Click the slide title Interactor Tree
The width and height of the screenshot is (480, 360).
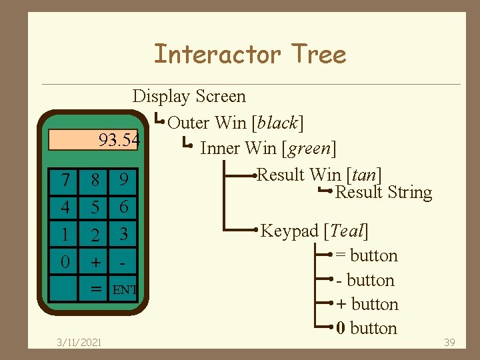(250, 54)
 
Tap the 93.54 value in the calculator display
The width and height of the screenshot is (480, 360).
(119, 140)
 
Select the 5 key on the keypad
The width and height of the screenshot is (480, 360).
(95, 207)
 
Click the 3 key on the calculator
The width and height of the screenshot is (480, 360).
(123, 234)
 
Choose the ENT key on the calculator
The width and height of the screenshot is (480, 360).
(125, 289)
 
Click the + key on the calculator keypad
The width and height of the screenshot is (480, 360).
(95, 262)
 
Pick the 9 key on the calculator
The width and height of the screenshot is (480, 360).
(123, 180)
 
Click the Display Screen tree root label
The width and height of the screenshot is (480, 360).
(189, 97)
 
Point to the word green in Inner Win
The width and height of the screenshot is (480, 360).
(307, 147)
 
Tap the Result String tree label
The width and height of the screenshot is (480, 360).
(383, 193)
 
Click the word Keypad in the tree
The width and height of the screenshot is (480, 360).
(289, 231)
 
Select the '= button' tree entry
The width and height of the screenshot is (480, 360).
(366, 255)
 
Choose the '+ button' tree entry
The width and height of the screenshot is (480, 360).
(367, 304)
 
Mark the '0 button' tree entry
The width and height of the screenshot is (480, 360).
(367, 328)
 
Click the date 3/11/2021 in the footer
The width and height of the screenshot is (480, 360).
(79, 342)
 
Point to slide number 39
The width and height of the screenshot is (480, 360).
(449, 342)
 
